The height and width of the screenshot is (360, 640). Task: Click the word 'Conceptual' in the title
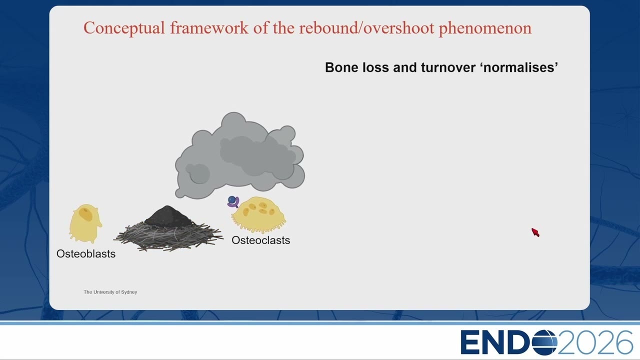click(124, 28)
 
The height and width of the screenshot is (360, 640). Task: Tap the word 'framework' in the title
click(209, 27)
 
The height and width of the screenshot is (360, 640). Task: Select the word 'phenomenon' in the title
click(485, 28)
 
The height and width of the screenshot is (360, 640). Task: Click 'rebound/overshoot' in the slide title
click(367, 27)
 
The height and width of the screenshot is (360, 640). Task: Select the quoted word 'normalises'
click(519, 67)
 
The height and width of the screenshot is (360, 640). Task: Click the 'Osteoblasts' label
click(86, 253)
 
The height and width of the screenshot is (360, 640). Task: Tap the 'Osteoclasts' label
click(261, 240)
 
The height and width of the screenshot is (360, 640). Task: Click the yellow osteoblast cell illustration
click(85, 223)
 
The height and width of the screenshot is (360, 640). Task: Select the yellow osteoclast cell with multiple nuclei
click(259, 214)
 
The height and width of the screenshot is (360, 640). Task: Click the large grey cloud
click(239, 155)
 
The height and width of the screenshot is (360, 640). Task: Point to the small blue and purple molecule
click(233, 201)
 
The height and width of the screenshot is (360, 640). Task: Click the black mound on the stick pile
click(168, 216)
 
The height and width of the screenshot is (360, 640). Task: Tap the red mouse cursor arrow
click(535, 232)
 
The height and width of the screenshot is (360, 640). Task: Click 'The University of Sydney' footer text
click(110, 292)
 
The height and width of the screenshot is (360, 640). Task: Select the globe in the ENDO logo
click(544, 342)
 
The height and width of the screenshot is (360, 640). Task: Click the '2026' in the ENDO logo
click(595, 342)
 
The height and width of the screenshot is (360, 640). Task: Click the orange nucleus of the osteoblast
click(85, 213)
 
